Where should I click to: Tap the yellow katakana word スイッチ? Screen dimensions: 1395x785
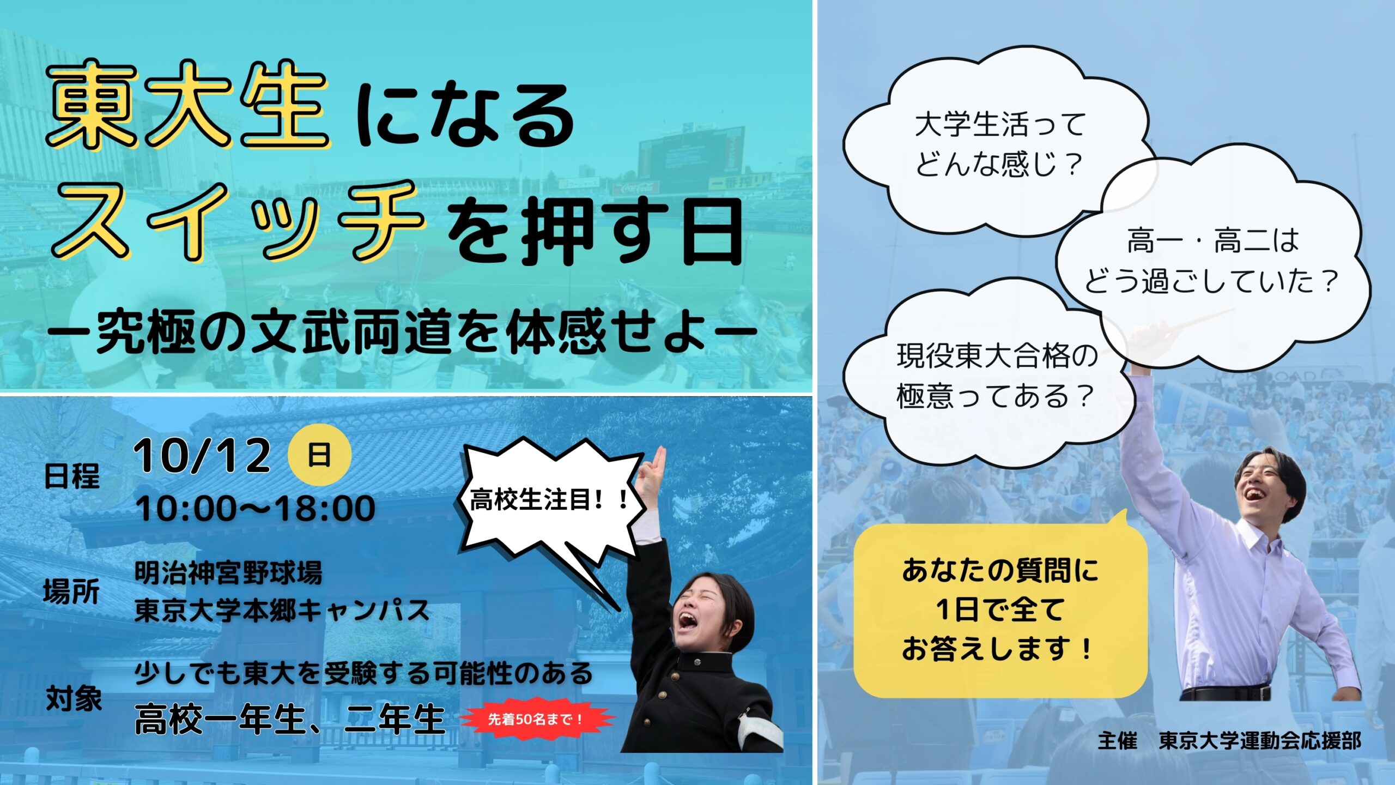[x=238, y=221]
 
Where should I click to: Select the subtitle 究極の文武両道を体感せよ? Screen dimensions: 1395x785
[x=402, y=331]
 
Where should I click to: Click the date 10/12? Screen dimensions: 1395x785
[x=202, y=455]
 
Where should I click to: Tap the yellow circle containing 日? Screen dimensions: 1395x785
[x=319, y=455]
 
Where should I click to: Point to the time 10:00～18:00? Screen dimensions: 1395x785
[x=256, y=508]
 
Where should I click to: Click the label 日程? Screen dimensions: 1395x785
[x=72, y=476]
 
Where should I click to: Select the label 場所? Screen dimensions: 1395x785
[x=72, y=591]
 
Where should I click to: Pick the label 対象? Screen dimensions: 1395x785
[x=74, y=698]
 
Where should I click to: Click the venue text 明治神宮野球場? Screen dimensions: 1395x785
[x=228, y=573]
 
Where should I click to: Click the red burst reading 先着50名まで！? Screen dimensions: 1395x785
[x=537, y=719]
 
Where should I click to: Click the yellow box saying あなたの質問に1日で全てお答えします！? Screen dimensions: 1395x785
[x=1000, y=609]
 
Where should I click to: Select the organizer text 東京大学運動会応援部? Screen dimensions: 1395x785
[x=1260, y=741]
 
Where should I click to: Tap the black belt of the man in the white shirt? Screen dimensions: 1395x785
[x=1226, y=693]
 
